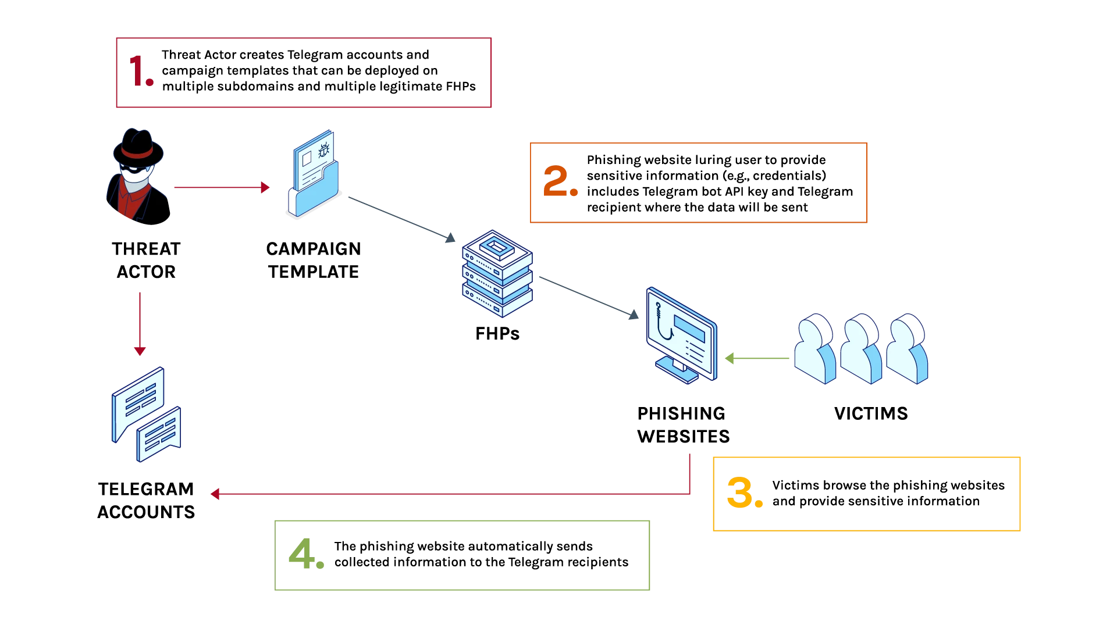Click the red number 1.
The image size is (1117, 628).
[141, 71]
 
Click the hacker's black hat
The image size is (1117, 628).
[138, 147]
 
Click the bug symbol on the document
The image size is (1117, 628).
[324, 149]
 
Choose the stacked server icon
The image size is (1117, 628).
[497, 273]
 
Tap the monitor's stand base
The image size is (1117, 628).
[678, 372]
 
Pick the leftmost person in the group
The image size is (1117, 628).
[815, 349]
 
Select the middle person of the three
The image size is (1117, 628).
[861, 349]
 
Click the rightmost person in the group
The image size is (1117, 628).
[907, 349]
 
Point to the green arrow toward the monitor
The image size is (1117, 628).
[756, 358]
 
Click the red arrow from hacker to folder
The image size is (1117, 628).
[221, 187]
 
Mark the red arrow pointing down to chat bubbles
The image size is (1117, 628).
[140, 323]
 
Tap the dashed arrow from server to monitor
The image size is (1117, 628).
[588, 297]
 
